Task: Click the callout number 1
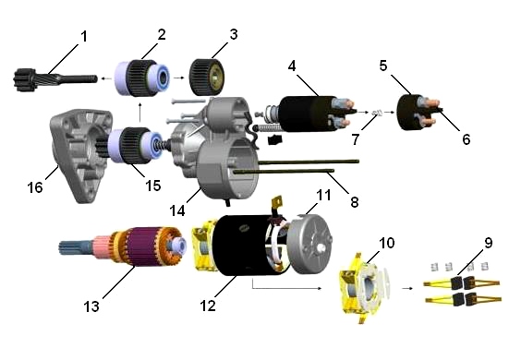(84, 36)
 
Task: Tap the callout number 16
(35, 187)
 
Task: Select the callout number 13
(91, 306)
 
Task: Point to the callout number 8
(355, 202)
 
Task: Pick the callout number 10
(386, 243)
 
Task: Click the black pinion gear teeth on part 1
(21, 79)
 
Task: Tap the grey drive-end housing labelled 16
(80, 155)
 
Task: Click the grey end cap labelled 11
(309, 244)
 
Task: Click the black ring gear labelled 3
(207, 77)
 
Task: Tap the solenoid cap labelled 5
(409, 113)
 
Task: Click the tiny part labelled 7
(377, 113)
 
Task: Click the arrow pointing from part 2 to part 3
(178, 78)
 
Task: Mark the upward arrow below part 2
(139, 113)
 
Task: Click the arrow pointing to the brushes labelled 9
(407, 288)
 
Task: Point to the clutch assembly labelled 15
(135, 145)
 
